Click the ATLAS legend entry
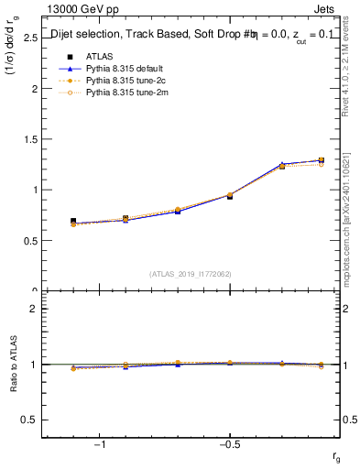click(x=98, y=57)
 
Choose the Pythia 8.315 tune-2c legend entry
click(x=119, y=81)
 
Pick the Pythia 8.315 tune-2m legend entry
click(x=119, y=93)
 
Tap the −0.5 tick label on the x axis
click(x=229, y=445)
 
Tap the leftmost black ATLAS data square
click(x=73, y=222)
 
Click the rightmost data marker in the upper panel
click(x=321, y=160)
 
